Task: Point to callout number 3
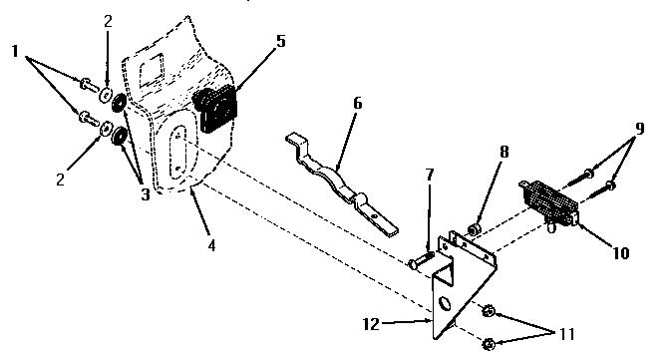(146, 194)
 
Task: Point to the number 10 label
(619, 253)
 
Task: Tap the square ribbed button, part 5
(219, 108)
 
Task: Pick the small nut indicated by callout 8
(477, 230)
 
